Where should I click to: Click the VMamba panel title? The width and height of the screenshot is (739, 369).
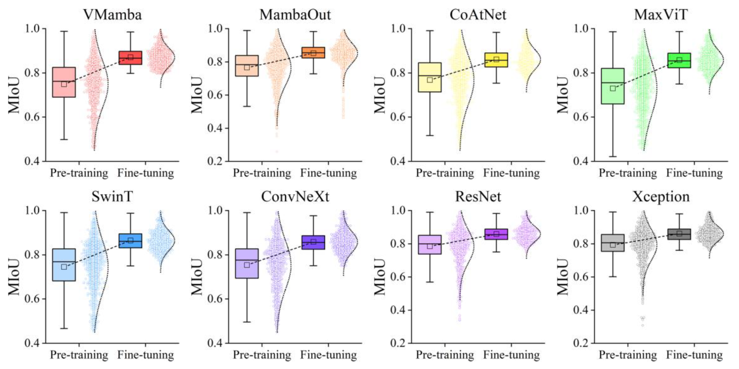coord(112,15)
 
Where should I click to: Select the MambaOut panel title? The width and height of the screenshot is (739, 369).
coord(295,15)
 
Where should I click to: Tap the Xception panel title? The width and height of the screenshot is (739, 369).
coord(660,196)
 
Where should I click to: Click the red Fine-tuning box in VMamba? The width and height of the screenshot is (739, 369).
coord(130,58)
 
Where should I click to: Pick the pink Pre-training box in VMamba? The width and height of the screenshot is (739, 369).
coord(64,82)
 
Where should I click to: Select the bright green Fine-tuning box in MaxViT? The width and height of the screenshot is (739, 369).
coord(679,60)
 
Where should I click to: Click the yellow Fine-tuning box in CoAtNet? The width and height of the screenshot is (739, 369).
coord(496,60)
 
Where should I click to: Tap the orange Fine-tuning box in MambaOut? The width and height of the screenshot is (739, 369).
coord(313,53)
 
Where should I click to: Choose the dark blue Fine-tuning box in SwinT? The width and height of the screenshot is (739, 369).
coord(130,241)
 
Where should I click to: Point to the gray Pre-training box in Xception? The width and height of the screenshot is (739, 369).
coord(613,243)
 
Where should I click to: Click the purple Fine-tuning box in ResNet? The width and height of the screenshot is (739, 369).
coord(496,234)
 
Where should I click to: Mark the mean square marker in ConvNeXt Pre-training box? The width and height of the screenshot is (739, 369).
coord(247,265)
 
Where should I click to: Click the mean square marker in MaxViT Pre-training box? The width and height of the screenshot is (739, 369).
coord(613,88)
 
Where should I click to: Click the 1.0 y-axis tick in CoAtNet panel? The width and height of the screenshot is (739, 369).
coord(398,28)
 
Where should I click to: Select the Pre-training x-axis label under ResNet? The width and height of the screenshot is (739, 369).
coord(445,355)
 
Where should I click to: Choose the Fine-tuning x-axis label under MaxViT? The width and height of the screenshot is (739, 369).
coord(694,173)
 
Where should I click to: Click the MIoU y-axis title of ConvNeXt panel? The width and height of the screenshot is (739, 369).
coord(197,277)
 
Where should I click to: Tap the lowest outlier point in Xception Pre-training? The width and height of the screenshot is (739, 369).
coord(643,325)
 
